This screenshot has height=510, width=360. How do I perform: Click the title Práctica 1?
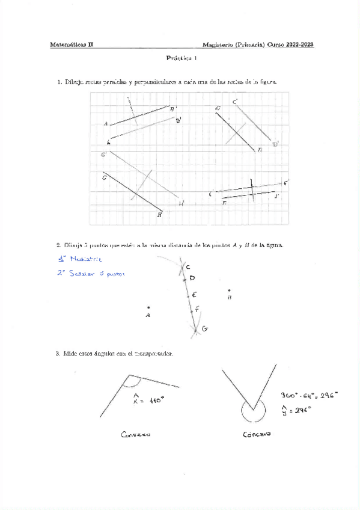click(x=181, y=59)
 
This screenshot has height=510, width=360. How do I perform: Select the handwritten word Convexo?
click(x=135, y=434)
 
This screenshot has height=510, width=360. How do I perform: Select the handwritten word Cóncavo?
click(x=257, y=434)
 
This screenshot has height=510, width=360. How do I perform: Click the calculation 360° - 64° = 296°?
click(x=309, y=395)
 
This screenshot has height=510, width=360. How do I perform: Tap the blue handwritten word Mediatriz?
click(x=85, y=259)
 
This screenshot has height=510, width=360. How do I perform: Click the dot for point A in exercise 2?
click(x=148, y=308)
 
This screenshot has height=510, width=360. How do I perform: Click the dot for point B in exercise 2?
click(x=229, y=290)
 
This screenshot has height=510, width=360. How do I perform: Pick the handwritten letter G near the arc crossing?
click(x=205, y=329)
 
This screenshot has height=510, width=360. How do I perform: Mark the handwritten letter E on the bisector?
click(x=194, y=295)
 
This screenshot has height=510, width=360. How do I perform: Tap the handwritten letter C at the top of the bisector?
click(x=188, y=266)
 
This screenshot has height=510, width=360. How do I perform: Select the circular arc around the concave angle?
click(x=252, y=414)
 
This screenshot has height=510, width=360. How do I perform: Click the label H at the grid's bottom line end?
click(x=159, y=214)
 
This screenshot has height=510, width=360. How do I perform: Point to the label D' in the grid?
click(x=275, y=144)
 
